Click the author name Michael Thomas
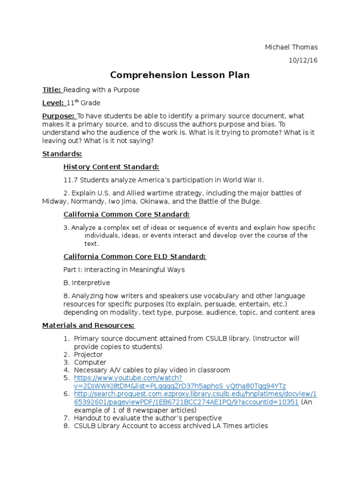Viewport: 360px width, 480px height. coord(291,47)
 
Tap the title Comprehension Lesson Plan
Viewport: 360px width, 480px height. coord(180,75)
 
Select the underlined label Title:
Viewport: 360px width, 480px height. coord(52,90)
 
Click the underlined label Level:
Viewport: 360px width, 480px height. coord(53,103)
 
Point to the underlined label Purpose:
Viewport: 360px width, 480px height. coord(59,116)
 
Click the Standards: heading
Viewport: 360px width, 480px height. coord(62,154)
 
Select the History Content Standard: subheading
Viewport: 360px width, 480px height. coord(111,167)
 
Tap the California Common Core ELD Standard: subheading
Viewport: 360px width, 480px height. coord(135,257)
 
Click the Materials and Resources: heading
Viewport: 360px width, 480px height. coord(88,325)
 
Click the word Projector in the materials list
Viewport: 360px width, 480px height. coord(88,355)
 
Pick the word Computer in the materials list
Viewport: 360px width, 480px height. coord(90,362)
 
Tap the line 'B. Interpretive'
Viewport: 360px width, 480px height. coord(87,283)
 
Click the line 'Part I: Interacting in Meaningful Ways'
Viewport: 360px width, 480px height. coord(124,270)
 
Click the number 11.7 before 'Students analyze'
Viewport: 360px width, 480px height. coord(69,180)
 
